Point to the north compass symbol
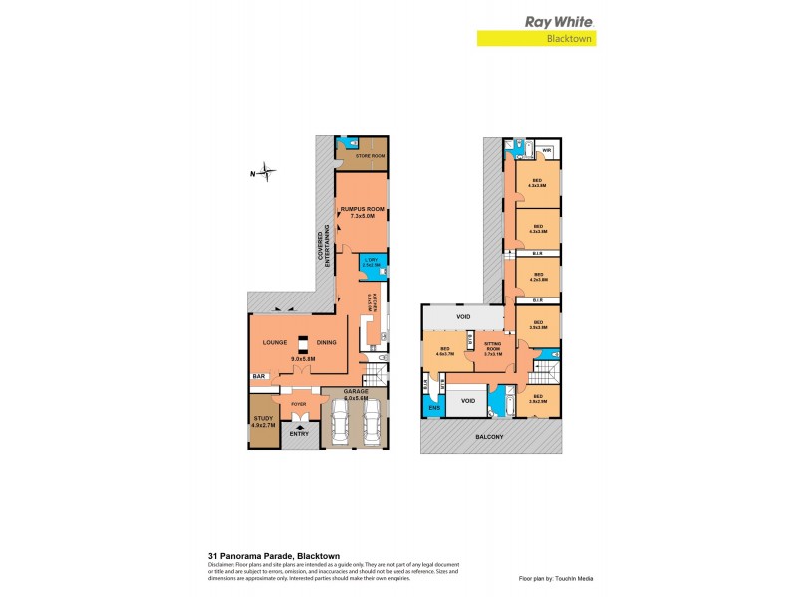click(262, 174)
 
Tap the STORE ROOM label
click(370, 156)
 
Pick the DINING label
click(325, 343)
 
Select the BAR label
click(259, 377)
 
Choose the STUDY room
click(264, 421)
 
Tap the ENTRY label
click(298, 434)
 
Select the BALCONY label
click(489, 437)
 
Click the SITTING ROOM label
click(492, 346)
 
